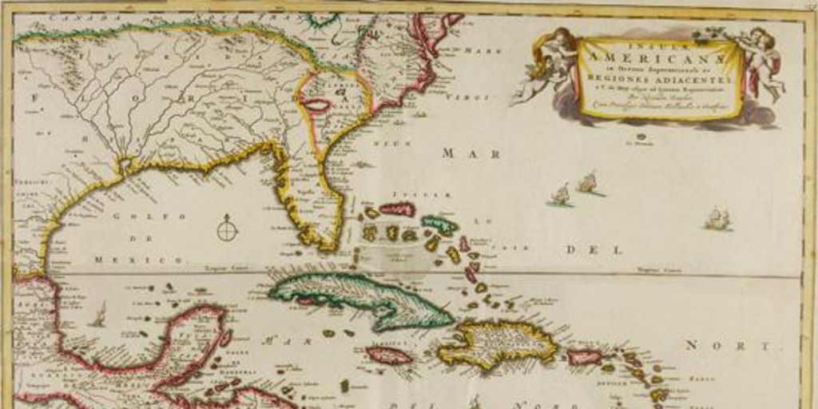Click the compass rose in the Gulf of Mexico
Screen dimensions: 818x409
pos(228,230)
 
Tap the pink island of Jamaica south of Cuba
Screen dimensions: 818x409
pos(389,355)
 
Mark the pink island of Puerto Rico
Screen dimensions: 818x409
pos(584,357)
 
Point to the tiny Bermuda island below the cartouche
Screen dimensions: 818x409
pos(641,137)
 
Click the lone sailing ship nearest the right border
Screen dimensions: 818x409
pos(717,218)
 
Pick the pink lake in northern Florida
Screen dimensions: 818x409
pos(317,105)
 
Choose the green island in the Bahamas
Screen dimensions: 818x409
pos(439,224)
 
